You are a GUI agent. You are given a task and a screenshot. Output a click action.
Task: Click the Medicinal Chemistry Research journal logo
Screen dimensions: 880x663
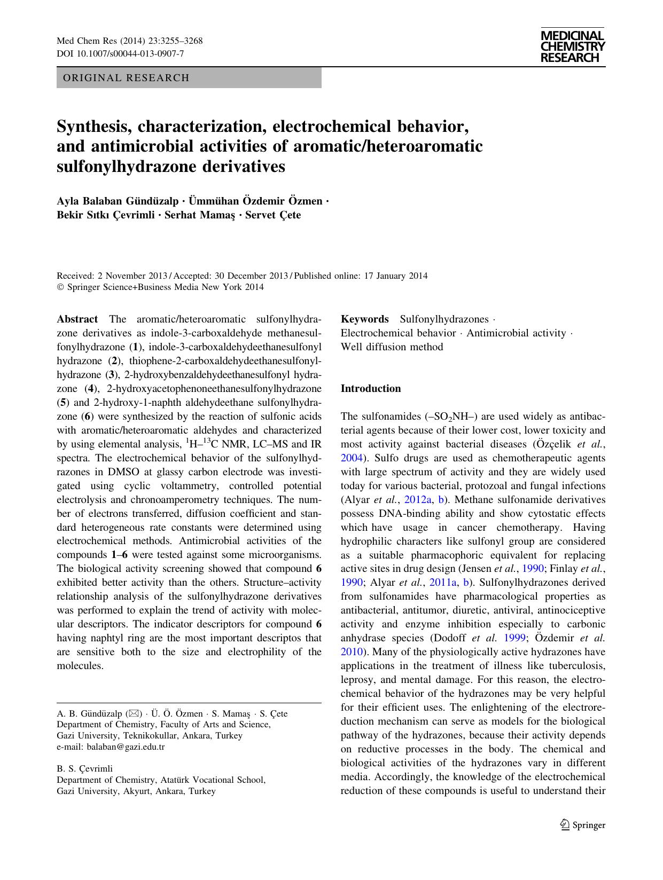(x=572, y=47)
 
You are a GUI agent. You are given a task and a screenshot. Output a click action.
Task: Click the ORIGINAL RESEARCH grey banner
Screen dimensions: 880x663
(x=189, y=78)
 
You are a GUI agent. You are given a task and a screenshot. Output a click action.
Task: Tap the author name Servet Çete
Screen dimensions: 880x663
(x=273, y=215)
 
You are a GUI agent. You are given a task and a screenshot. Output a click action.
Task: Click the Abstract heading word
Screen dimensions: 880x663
(x=77, y=319)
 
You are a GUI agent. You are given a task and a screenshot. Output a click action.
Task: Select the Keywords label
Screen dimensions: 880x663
(x=365, y=319)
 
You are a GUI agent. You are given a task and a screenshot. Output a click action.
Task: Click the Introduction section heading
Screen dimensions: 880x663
(x=371, y=389)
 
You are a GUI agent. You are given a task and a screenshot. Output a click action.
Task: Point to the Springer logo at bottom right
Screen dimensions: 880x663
(x=582, y=825)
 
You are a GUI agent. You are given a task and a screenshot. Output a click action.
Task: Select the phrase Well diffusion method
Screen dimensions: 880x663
(x=392, y=347)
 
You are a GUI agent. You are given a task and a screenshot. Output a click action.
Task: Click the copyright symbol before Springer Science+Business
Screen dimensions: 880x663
(x=60, y=287)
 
